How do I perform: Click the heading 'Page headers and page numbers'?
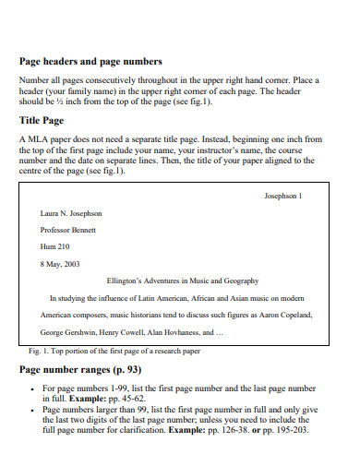click(x=90, y=61)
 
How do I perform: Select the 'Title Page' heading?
click(x=42, y=120)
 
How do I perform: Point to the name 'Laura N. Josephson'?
click(x=65, y=213)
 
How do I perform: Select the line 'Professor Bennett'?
click(x=61, y=230)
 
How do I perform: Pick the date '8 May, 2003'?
click(x=54, y=264)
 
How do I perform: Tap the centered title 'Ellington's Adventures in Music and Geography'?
click(x=183, y=281)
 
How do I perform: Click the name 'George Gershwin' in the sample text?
click(x=66, y=331)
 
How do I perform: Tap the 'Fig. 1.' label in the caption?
click(x=40, y=352)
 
